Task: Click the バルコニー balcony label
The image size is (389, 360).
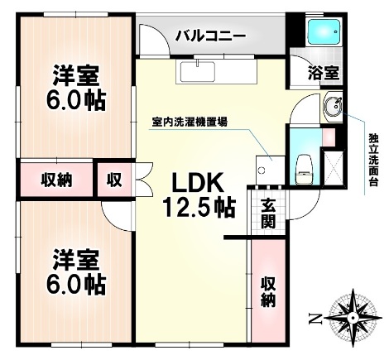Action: [x=209, y=37]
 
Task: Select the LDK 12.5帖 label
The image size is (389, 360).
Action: [x=202, y=192]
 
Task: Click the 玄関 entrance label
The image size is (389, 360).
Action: [x=269, y=214]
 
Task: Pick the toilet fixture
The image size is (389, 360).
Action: [x=303, y=166]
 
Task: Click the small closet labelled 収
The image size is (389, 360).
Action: [x=112, y=179]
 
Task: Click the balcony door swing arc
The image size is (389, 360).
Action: [x=154, y=41]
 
